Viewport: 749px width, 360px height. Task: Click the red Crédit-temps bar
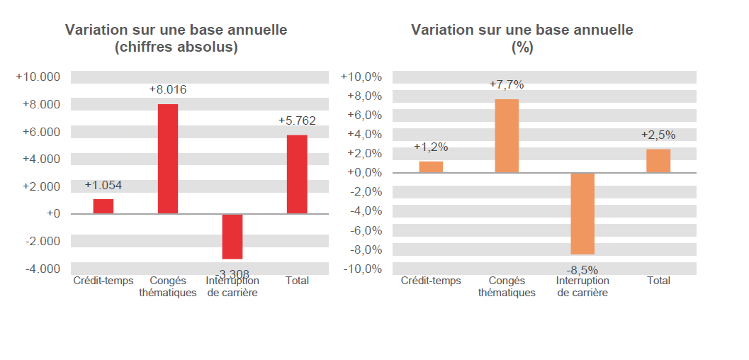[103, 206]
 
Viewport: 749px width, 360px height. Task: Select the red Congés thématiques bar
[168, 159]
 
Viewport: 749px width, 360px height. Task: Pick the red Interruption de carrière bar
[232, 236]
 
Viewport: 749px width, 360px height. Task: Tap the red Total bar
[297, 174]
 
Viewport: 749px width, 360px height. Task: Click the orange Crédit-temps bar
[431, 167]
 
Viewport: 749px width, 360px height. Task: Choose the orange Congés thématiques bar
[507, 136]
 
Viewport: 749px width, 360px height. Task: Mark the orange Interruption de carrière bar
[582, 213]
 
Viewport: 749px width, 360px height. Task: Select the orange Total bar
[658, 161]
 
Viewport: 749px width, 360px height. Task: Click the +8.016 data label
[168, 90]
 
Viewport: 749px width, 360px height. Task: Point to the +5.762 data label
[297, 121]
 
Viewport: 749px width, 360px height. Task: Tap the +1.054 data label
[103, 186]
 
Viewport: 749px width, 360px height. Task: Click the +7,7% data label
[507, 85]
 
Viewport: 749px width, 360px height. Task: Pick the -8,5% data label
[582, 270]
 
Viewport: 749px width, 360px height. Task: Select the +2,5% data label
[658, 135]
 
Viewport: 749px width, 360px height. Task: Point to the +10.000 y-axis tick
[39, 77]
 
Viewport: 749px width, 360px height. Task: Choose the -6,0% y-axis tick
[364, 230]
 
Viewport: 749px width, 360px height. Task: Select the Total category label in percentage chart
[658, 281]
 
